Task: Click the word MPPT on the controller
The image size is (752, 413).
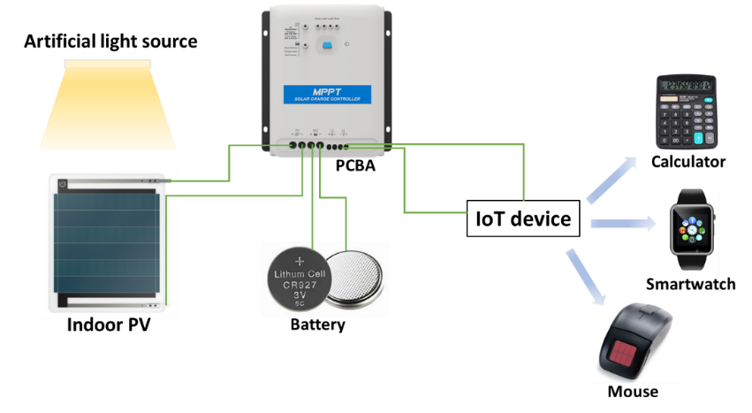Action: click(x=328, y=90)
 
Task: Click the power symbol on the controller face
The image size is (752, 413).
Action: click(x=346, y=45)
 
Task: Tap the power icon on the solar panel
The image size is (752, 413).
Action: click(x=63, y=184)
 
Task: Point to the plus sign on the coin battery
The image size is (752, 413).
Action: click(x=299, y=261)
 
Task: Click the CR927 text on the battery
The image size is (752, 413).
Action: click(x=299, y=286)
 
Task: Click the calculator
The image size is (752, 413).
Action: click(x=686, y=111)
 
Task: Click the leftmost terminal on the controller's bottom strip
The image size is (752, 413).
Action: click(x=292, y=144)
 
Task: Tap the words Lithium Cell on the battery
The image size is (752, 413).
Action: click(x=299, y=274)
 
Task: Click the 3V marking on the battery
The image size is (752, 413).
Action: click(x=299, y=296)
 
